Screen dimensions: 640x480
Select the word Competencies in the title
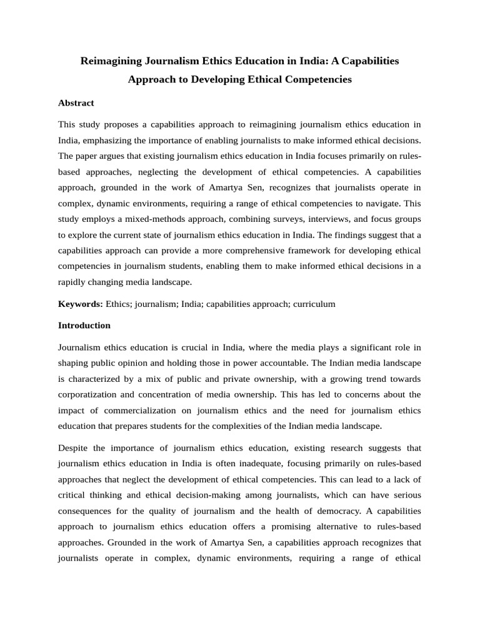317,79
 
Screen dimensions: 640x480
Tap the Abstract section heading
76,102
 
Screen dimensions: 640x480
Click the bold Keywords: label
81,304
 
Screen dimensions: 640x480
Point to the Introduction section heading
84,325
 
